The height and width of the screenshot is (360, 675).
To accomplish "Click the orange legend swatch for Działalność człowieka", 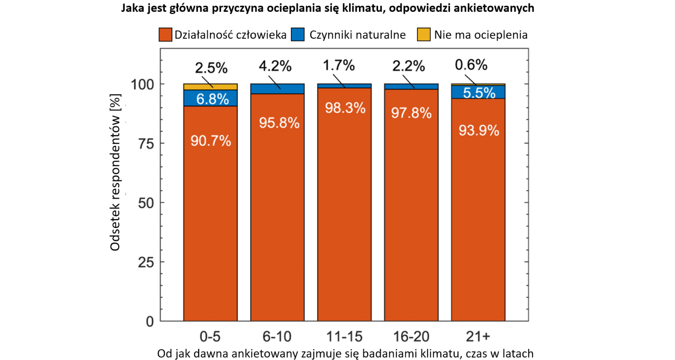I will tap(165, 35).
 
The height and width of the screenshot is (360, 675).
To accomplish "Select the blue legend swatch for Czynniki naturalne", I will tap(298, 35).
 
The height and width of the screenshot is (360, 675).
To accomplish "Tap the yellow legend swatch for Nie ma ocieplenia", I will tap(424, 35).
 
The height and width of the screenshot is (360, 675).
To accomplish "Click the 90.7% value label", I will tap(210, 141).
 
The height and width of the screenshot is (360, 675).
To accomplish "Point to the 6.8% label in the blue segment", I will tap(212, 99).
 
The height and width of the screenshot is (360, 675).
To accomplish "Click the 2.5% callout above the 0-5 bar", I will tap(211, 68).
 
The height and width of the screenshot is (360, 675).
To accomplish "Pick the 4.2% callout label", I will tap(275, 66).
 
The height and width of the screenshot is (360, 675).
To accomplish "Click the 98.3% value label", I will tap(345, 108).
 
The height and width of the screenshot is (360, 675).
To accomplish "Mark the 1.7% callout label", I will tap(339, 65).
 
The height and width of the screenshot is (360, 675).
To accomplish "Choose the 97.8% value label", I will tap(411, 113).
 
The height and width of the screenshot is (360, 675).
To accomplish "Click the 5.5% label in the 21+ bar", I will tap(479, 93).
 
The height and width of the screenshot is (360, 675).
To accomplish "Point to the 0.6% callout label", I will tap(471, 65).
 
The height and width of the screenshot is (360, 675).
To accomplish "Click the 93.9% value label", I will tap(479, 131).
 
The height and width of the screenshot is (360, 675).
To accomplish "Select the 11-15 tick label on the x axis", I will tap(345, 337).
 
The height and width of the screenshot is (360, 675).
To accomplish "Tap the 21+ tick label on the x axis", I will tap(478, 337).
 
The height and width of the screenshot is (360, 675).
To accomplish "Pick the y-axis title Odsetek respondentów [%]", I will tap(115, 172).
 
